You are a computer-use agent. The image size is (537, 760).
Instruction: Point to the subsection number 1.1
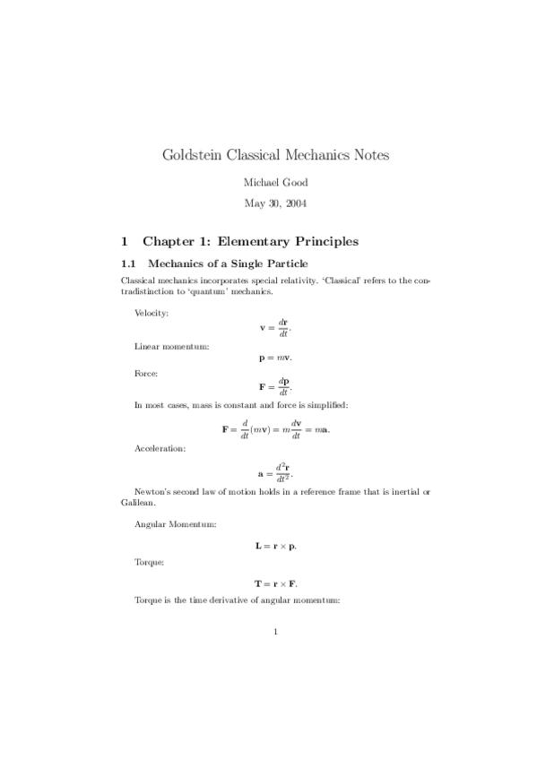coord(127,263)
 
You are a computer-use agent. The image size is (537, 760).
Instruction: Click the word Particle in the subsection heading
coord(283,263)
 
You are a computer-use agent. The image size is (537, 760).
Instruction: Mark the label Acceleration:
coord(160,447)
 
